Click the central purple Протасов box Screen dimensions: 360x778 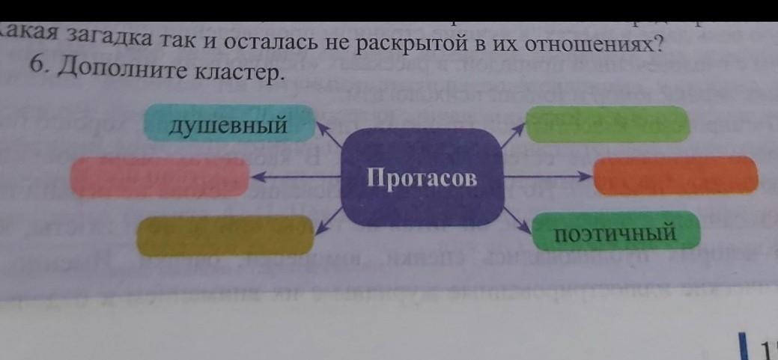click(422, 177)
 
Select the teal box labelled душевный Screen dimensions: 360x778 click(228, 124)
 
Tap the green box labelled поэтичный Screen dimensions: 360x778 click(616, 232)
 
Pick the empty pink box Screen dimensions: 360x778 click(159, 177)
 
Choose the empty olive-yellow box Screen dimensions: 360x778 click(225, 235)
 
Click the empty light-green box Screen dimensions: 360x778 click(607, 123)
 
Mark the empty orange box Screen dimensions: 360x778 click(675, 176)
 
